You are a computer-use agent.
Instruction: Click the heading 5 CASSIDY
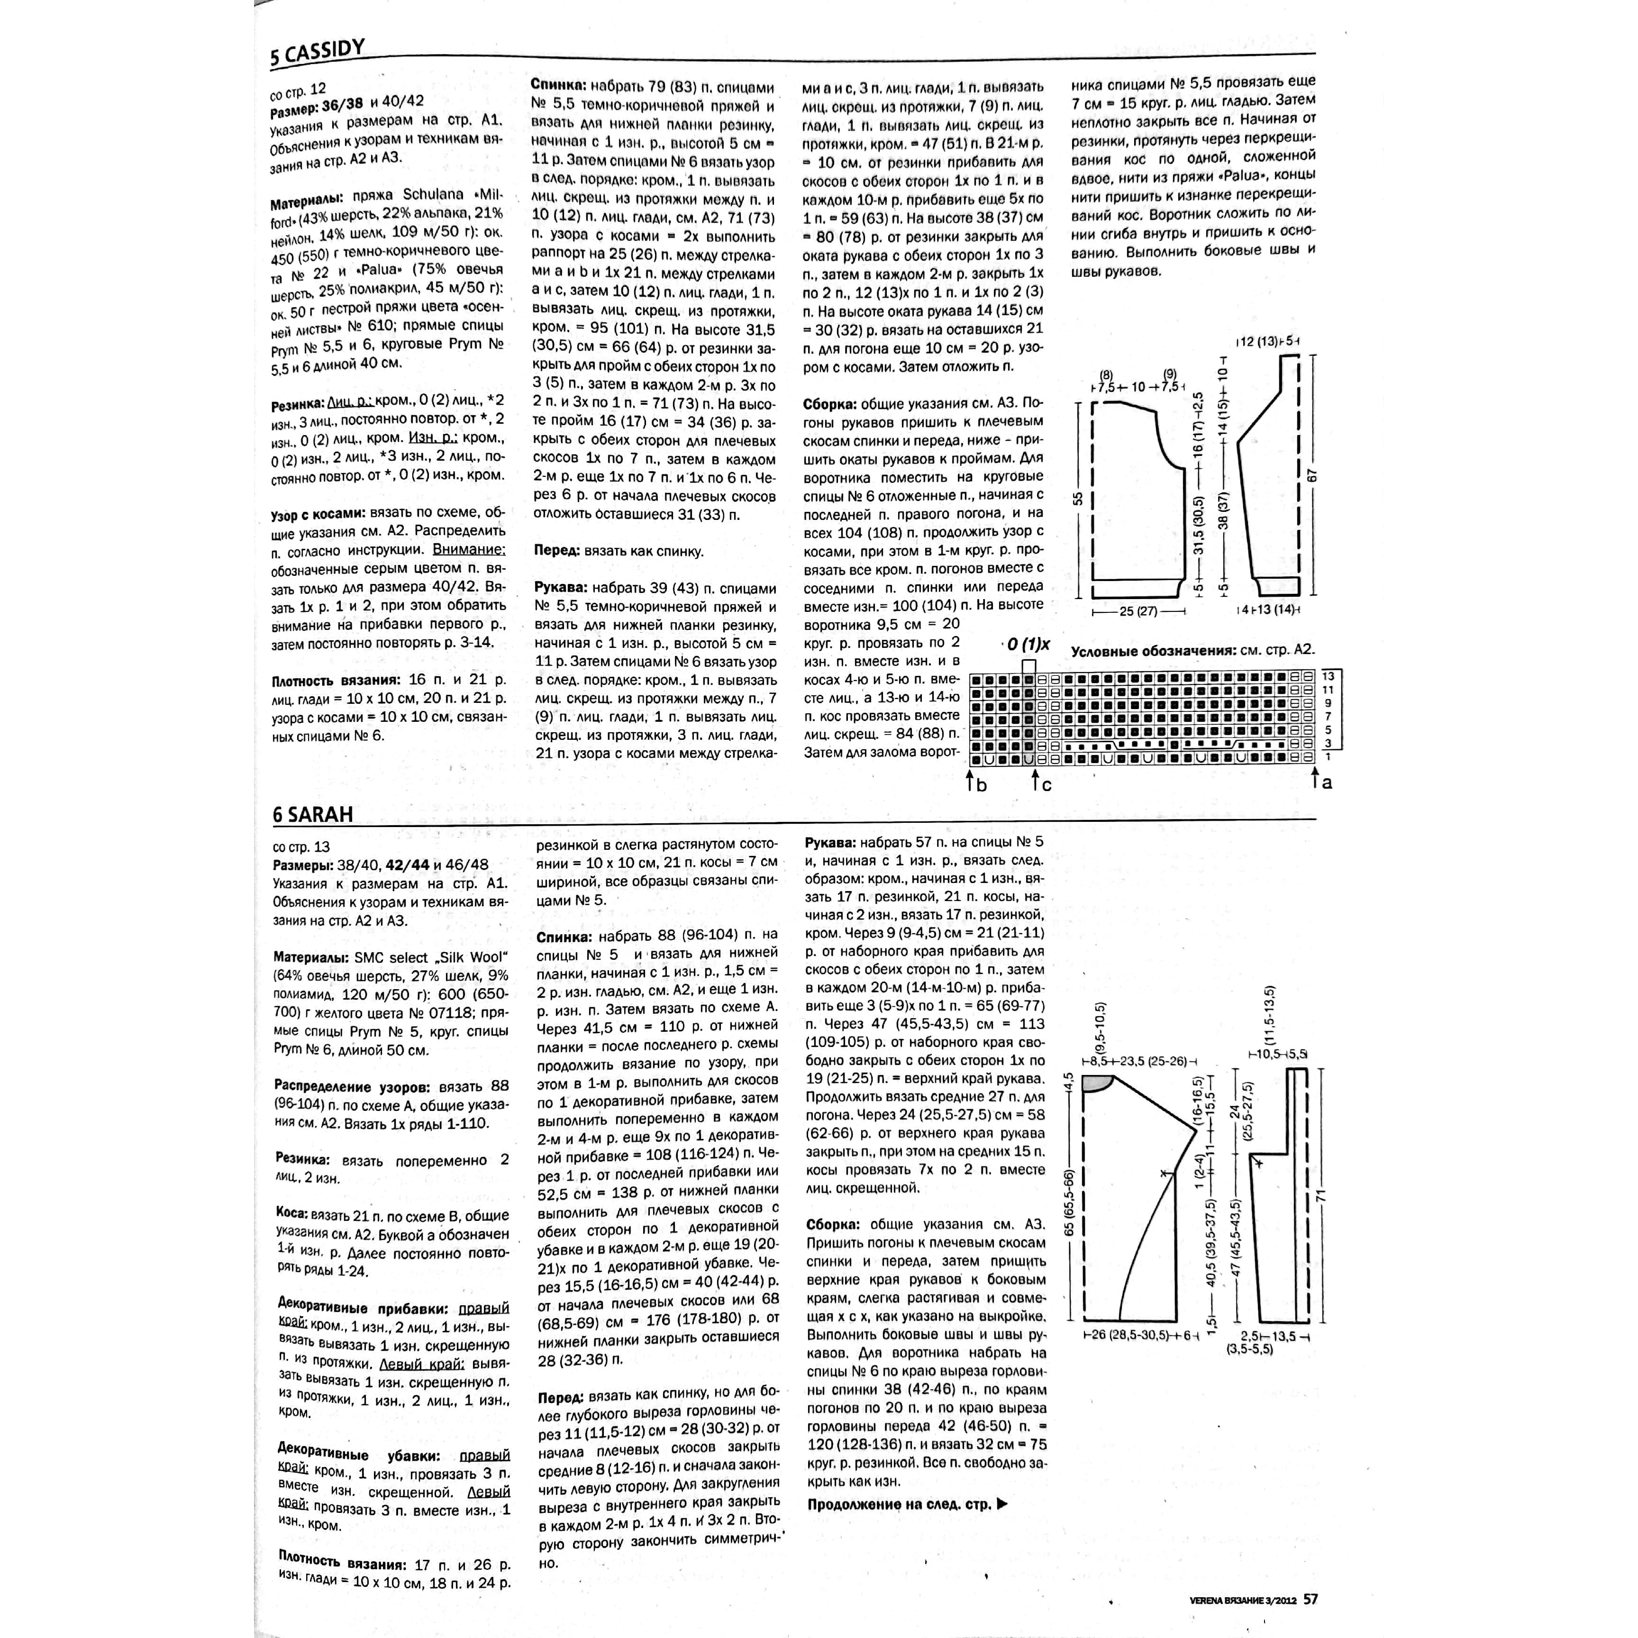pyautogui.click(x=318, y=53)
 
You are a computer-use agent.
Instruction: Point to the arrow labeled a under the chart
pyautogui.click(x=1315, y=776)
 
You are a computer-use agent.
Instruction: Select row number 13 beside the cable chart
pyautogui.click(x=1329, y=676)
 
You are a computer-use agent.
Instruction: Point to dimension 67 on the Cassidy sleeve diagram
pyautogui.click(x=1313, y=476)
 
